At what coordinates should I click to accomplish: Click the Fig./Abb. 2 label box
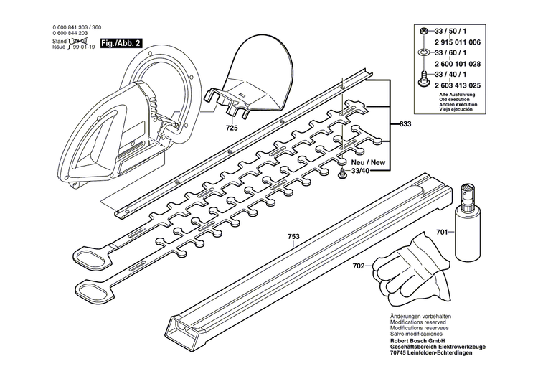click(x=121, y=43)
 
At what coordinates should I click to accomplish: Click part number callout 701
click(x=443, y=233)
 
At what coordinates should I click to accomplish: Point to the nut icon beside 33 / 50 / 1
click(x=424, y=33)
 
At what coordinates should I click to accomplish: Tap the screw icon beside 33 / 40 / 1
click(x=424, y=75)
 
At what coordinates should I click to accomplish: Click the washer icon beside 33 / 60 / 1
click(x=424, y=54)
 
